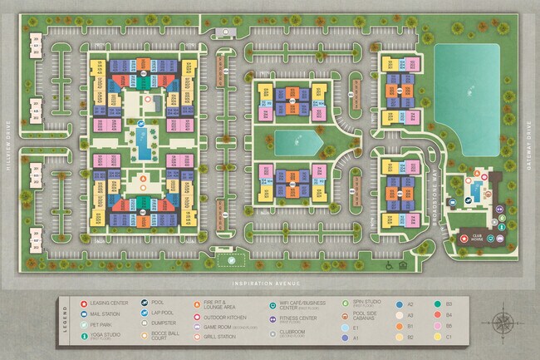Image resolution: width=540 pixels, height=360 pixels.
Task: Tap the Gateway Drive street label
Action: pyautogui.click(x=528, y=142)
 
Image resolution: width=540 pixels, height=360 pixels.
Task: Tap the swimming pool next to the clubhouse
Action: pyautogui.click(x=475, y=194)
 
